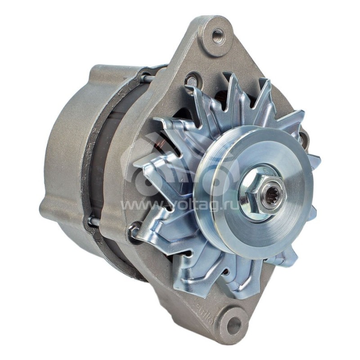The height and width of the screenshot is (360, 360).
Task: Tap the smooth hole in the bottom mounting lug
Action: point(234,325)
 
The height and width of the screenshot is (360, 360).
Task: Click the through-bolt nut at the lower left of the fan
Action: point(134,232)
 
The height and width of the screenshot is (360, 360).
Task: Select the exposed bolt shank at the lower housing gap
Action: point(94,221)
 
